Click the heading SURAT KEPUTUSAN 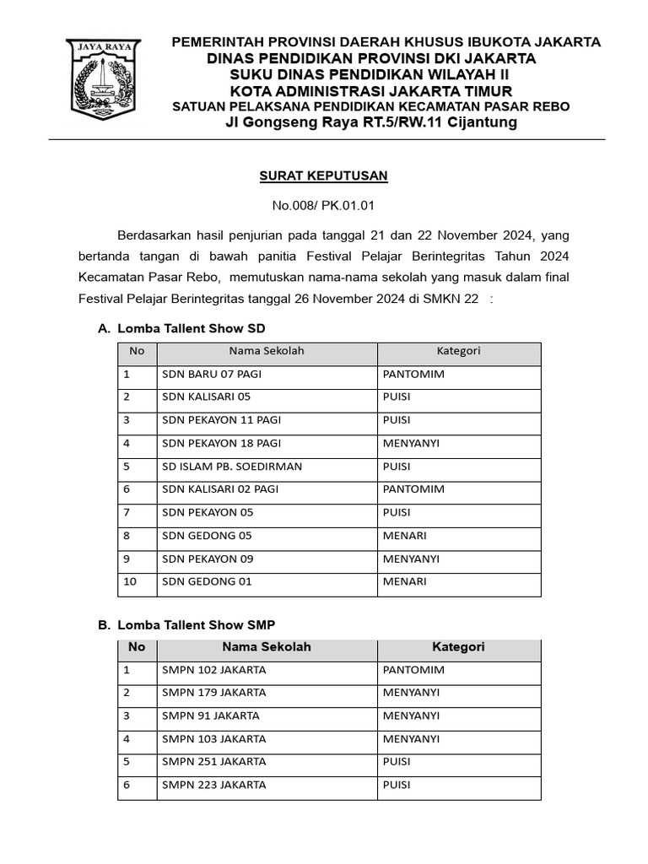[323, 175]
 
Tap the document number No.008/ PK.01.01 [323, 205]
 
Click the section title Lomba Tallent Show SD [192, 328]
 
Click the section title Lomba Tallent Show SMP [197, 624]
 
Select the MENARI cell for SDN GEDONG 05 [405, 536]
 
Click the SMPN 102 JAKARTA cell [213, 670]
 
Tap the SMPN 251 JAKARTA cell [213, 762]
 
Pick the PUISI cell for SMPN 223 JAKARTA [397, 785]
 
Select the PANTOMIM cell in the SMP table [413, 670]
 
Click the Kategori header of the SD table [458, 351]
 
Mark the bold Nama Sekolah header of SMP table [267, 647]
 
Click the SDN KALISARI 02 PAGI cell [219, 489]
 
